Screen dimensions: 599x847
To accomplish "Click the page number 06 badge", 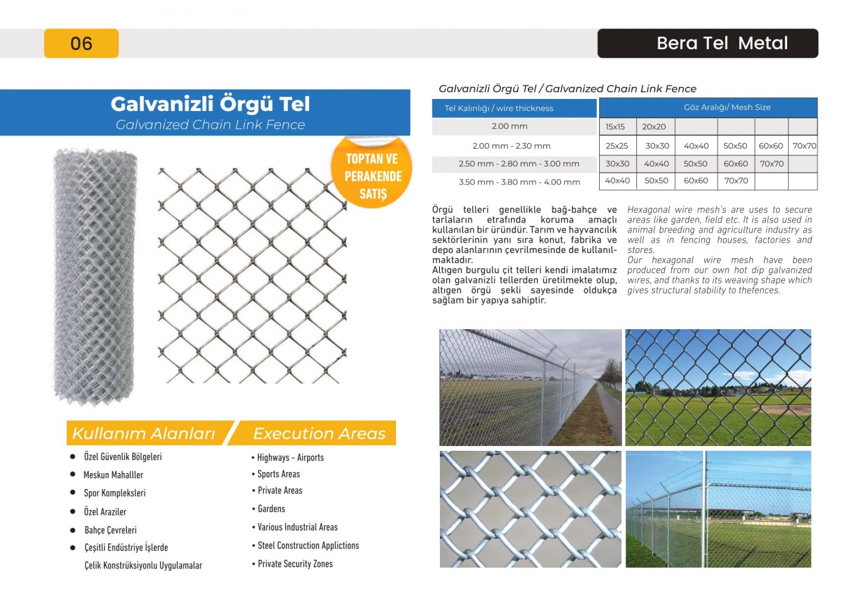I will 81,43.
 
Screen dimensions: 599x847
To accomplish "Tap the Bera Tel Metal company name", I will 722,43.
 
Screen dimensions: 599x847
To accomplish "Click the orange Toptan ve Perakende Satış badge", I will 372,176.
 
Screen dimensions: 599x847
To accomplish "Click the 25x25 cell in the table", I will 617,146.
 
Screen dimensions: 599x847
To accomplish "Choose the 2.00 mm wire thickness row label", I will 509,126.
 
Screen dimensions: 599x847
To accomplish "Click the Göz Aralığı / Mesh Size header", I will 727,107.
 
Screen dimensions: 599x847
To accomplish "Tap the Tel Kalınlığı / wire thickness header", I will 499,108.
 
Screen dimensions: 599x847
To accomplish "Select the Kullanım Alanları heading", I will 143,433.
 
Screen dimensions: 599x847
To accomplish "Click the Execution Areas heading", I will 319,433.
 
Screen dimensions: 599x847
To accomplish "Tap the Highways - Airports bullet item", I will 290,458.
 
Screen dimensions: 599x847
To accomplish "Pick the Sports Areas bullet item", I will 278,474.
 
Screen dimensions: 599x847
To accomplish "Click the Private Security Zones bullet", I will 295,564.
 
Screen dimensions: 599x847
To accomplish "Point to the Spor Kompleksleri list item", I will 114,493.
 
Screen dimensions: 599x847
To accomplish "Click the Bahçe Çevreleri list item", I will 110,530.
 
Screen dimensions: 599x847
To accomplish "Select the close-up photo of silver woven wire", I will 530,509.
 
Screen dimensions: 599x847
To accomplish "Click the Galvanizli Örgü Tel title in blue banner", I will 210,104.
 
